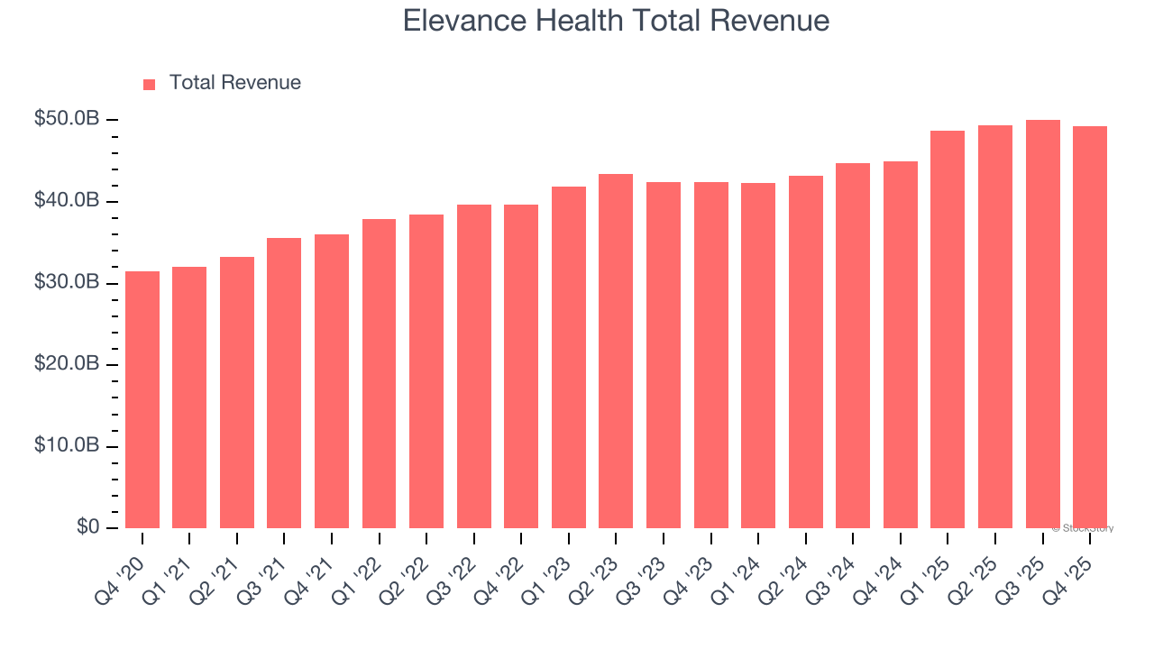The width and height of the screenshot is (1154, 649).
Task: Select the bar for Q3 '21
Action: click(284, 383)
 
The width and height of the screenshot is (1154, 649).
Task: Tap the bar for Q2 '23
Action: click(616, 351)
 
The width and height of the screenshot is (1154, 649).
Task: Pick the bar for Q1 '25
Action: click(948, 329)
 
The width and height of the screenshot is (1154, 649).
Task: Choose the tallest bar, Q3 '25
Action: click(1042, 324)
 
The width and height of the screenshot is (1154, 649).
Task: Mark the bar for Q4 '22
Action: click(521, 366)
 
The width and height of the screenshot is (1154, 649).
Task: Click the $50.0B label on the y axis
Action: click(67, 119)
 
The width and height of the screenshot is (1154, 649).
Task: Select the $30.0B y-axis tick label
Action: click(67, 283)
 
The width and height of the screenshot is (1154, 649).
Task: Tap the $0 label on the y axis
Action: click(87, 527)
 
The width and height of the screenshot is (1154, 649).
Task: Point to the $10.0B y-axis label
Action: click(67, 446)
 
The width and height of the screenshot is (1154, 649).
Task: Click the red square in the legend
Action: click(150, 84)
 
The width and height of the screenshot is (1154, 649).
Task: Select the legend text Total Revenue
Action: click(234, 83)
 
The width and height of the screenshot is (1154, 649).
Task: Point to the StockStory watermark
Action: click(1083, 528)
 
